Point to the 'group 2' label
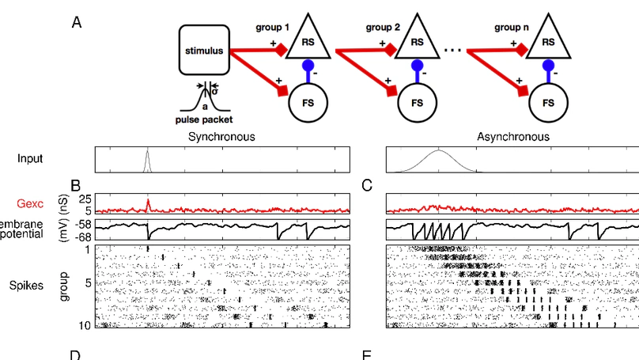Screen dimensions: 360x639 coord(383,27)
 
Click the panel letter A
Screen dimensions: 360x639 coord(77,22)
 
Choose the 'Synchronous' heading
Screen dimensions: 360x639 coord(221,137)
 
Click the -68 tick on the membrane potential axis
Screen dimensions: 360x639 coord(82,236)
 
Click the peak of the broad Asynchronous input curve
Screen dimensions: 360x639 coord(439,150)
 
